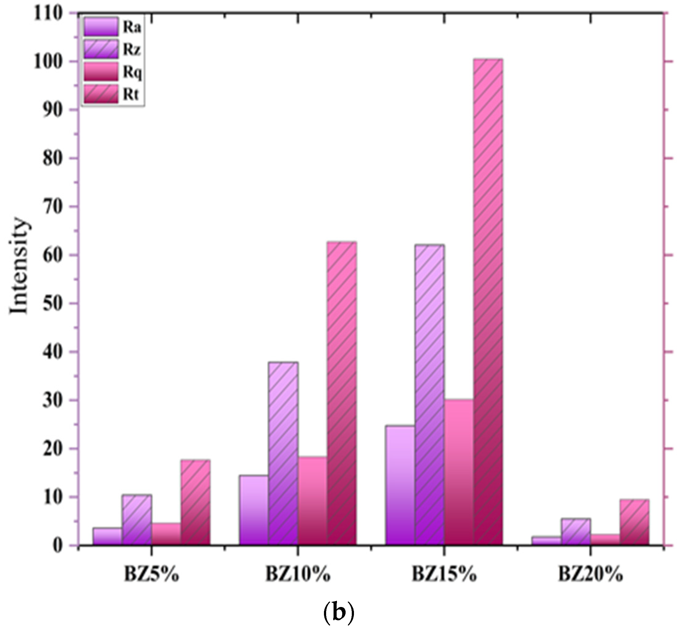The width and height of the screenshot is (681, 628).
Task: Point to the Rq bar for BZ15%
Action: (x=459, y=472)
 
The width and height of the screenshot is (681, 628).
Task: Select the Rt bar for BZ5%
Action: (x=195, y=503)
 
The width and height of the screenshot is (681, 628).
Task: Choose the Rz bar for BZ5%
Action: (x=137, y=520)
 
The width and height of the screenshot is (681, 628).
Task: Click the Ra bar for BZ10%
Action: (x=254, y=510)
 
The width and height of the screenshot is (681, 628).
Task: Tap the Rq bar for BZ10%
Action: (x=313, y=501)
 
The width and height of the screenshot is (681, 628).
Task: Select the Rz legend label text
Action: (x=132, y=50)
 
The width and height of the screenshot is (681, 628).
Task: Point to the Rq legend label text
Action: (x=132, y=72)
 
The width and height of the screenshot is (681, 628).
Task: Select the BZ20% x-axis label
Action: (x=590, y=575)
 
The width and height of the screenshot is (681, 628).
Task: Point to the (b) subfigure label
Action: (x=338, y=612)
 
